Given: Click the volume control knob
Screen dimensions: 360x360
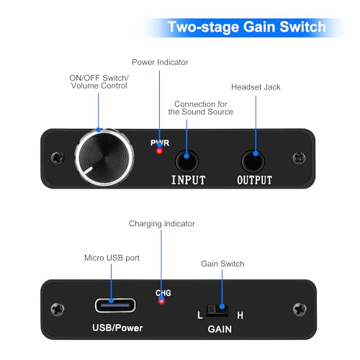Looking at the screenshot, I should (x=105, y=156).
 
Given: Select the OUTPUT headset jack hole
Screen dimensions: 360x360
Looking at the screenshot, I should (x=253, y=157).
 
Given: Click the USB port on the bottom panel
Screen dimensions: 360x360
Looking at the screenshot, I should (x=114, y=303).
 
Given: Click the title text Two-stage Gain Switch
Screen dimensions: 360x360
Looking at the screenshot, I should (x=246, y=27).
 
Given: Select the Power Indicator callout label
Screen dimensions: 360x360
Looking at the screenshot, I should (x=160, y=62).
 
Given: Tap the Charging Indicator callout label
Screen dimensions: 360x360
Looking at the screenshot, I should (x=161, y=224).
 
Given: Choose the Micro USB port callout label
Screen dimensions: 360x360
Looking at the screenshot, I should (x=112, y=257).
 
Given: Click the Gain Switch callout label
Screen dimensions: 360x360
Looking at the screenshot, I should (x=222, y=264).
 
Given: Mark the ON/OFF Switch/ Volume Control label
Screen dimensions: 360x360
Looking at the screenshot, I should (x=99, y=81).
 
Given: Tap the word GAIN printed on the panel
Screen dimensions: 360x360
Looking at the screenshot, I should (x=219, y=330).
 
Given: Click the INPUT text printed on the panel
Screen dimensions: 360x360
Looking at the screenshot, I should (x=189, y=179).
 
